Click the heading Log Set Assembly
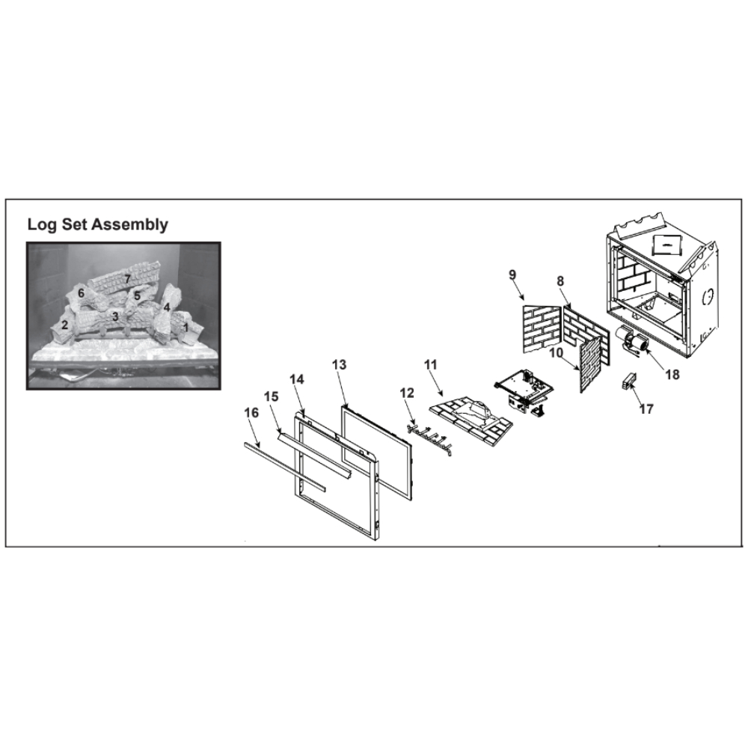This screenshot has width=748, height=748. (x=97, y=224)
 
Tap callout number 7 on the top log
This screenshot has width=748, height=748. (x=127, y=279)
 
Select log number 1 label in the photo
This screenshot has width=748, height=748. (x=186, y=328)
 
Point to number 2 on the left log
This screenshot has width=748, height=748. (x=64, y=326)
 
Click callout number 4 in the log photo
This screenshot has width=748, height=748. (x=167, y=307)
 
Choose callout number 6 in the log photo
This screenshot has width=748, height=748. (x=81, y=293)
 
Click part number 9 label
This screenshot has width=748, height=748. (x=512, y=275)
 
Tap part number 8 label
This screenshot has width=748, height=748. (x=560, y=280)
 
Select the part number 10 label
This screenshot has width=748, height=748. (x=557, y=354)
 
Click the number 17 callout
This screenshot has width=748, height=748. (x=646, y=409)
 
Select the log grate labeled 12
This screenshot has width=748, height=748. (x=429, y=438)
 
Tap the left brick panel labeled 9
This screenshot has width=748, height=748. (x=541, y=329)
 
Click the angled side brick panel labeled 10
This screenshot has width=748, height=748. (x=589, y=364)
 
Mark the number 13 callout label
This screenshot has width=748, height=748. (x=339, y=365)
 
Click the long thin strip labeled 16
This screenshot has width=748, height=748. (x=285, y=466)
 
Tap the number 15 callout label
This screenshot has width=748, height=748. (x=271, y=396)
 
